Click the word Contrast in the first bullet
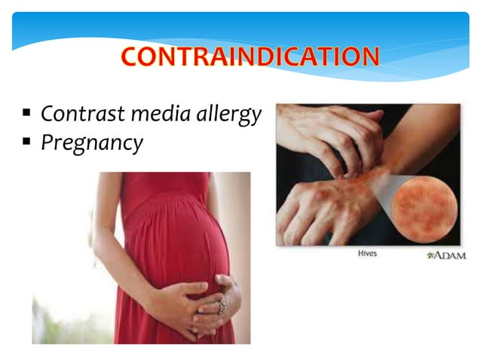pos(75,114)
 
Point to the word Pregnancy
pos(91,142)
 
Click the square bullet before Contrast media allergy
pos(26,114)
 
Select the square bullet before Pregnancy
pos(26,141)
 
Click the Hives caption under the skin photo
pos(366,255)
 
